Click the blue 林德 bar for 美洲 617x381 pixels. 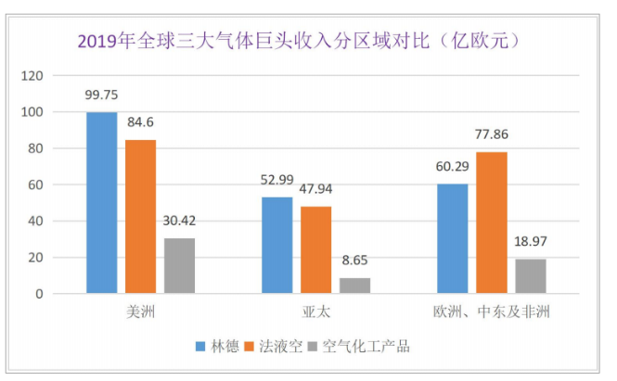[102, 203]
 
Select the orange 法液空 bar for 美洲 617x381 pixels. [141, 217]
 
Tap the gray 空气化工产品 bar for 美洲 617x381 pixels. [179, 266]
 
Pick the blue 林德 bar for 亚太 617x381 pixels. [277, 246]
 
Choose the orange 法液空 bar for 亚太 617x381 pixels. [316, 250]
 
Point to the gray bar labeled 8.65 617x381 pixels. [354, 286]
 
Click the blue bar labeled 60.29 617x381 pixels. [452, 239]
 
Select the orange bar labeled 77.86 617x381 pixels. [492, 223]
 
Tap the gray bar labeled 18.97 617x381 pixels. [530, 276]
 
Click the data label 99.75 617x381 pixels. [102, 95]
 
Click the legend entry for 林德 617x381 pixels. [219, 347]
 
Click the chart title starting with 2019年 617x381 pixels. [296, 41]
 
